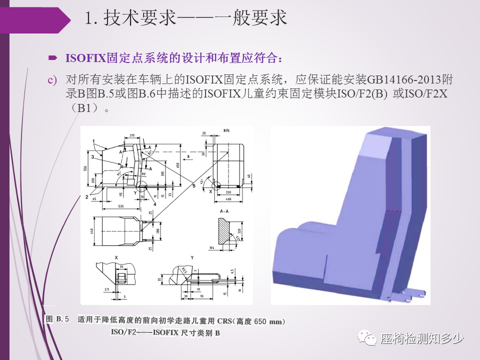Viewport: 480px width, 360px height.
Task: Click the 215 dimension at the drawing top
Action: [x=132, y=135]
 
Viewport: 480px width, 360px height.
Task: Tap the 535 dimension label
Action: [x=118, y=205]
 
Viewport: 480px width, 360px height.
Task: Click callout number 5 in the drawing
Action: [x=194, y=186]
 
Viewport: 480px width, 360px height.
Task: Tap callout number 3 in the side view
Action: [x=92, y=157]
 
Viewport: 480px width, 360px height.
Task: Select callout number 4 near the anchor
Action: [x=155, y=204]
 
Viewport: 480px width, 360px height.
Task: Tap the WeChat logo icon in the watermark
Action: [x=370, y=339]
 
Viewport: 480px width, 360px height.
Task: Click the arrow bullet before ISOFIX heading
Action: [x=52, y=58]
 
